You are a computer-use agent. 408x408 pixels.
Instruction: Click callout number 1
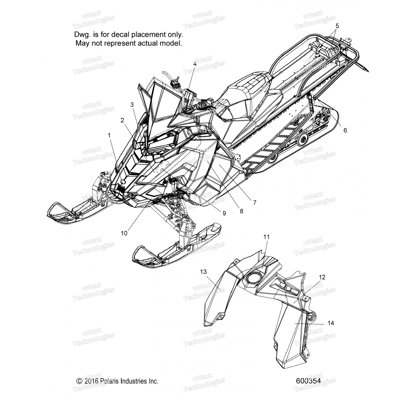pos(109,135)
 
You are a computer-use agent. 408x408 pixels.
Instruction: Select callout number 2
pos(122,120)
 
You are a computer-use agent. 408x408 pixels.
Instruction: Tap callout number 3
pos(132,104)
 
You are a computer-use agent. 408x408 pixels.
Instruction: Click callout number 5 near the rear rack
pos(337,26)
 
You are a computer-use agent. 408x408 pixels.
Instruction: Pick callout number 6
pos(345,131)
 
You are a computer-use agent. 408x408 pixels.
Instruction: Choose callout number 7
pos(255,203)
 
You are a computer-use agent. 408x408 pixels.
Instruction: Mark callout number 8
pos(241,211)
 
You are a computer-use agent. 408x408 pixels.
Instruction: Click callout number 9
pos(224,214)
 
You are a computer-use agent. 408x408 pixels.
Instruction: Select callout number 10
pos(124,233)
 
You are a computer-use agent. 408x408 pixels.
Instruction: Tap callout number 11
pos(266,237)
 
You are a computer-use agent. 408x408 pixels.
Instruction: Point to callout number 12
pos(322,277)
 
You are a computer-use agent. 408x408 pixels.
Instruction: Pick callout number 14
pos(331,323)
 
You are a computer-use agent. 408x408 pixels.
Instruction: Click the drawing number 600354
pos(308,381)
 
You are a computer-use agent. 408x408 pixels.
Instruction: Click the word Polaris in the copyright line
pos(110,381)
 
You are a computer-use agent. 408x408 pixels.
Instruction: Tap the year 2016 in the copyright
pos(91,381)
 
